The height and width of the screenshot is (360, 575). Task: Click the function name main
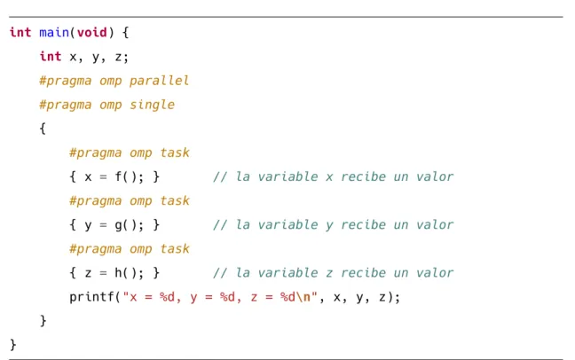pyautogui.click(x=54, y=33)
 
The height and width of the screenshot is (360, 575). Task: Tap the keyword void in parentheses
pyautogui.click(x=91, y=33)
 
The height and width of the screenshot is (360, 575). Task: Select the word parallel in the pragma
pyautogui.click(x=159, y=81)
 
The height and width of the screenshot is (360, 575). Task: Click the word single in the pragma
pyautogui.click(x=153, y=106)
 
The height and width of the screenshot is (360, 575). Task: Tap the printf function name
pyautogui.click(x=91, y=297)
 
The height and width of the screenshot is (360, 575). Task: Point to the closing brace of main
pyautogui.click(x=13, y=345)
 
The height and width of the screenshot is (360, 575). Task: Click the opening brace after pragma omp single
pyautogui.click(x=43, y=129)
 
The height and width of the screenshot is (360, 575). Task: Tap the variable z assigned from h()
pyautogui.click(x=88, y=274)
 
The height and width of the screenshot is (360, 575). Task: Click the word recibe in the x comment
pyautogui.click(x=363, y=177)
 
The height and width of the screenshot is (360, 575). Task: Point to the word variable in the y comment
pyautogui.click(x=287, y=225)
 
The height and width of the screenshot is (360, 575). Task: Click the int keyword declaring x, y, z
pyautogui.click(x=51, y=57)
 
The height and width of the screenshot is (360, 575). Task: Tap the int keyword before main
pyautogui.click(x=20, y=33)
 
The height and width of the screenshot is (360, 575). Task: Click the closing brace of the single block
pyautogui.click(x=43, y=321)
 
